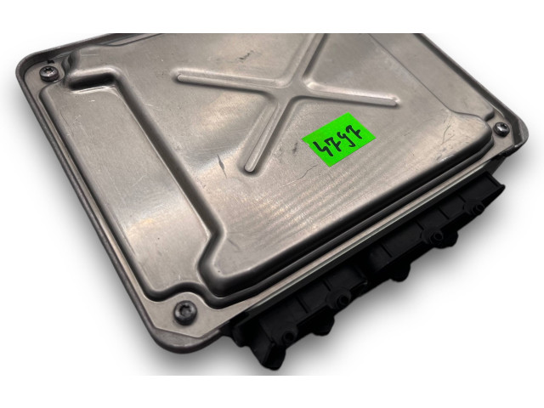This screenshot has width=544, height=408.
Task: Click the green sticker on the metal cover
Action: coord(338,139)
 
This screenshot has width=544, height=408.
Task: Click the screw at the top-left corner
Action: coord(48,74)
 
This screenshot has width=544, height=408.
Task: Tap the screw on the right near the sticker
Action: coord(501,129)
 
